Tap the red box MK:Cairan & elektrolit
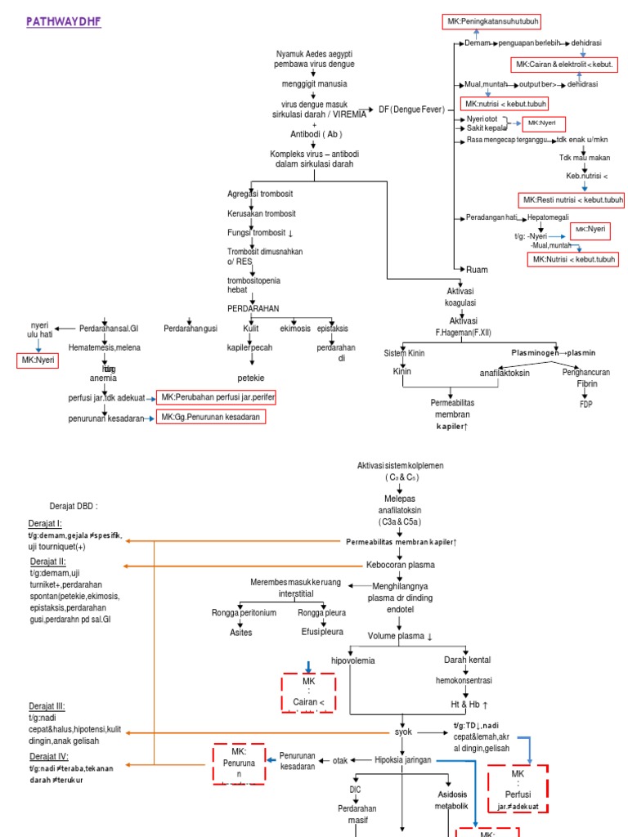pyautogui.click(x=564, y=64)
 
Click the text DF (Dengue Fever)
pyautogui.click(x=411, y=110)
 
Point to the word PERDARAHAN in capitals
pyautogui.click(x=253, y=308)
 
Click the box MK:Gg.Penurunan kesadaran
pyautogui.click(x=212, y=418)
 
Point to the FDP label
pyautogui.click(x=586, y=404)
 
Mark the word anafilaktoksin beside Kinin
pyautogui.click(x=505, y=373)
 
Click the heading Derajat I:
pyautogui.click(x=47, y=524)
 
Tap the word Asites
pyautogui.click(x=240, y=631)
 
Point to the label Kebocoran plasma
pyautogui.click(x=399, y=565)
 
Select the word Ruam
pyautogui.click(x=477, y=269)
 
